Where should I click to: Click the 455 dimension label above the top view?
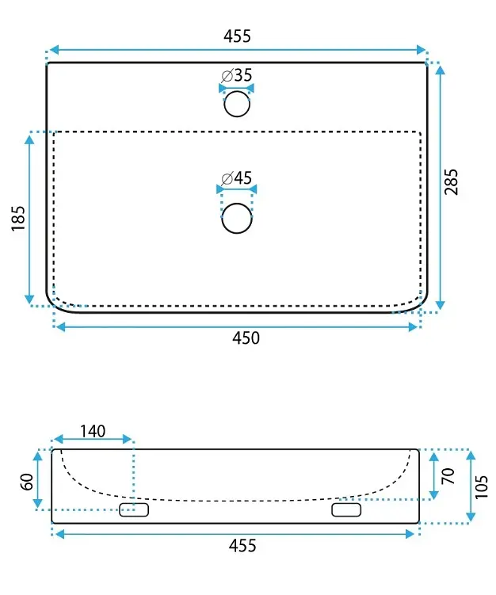(x=237, y=36)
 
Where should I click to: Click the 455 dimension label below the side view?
(x=242, y=546)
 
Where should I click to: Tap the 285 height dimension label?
(x=451, y=181)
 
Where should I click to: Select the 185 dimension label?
(x=18, y=218)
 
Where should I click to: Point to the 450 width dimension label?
(x=246, y=338)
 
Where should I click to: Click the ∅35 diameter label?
(x=237, y=75)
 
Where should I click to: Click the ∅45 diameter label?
(x=236, y=177)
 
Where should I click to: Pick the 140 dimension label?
(x=93, y=431)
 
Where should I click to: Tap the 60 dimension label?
(x=28, y=482)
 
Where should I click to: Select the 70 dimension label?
(x=448, y=476)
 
